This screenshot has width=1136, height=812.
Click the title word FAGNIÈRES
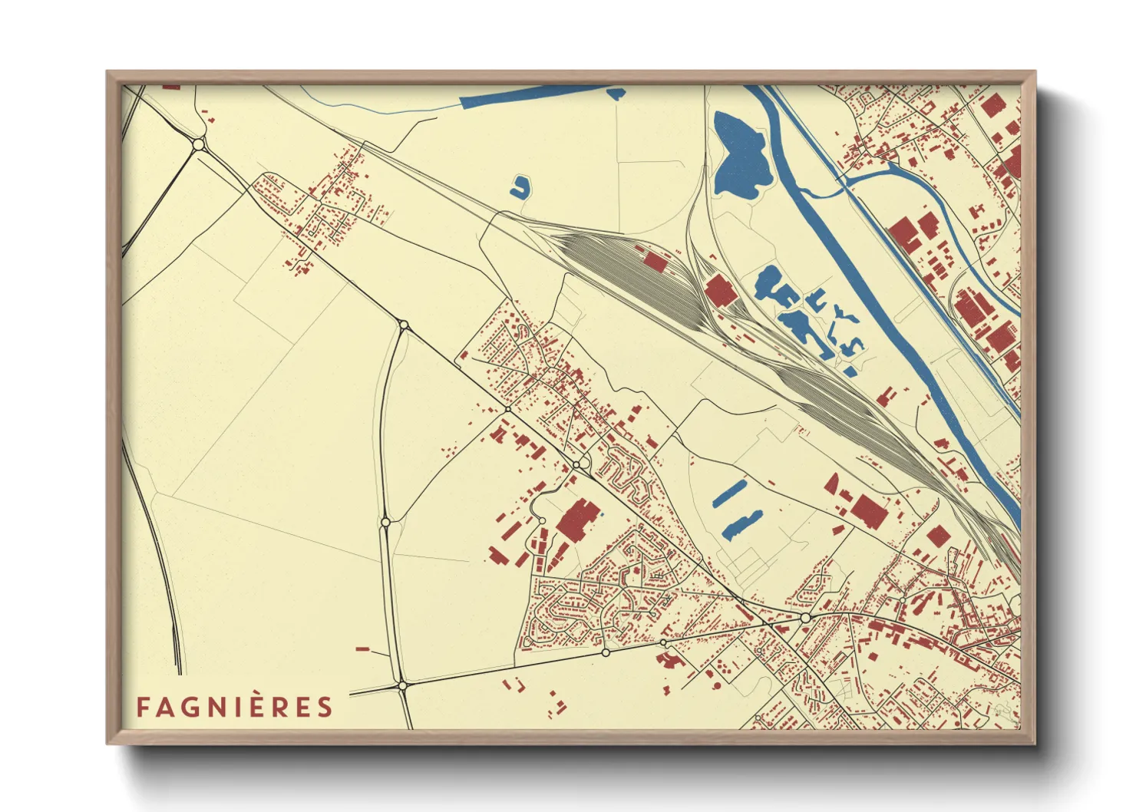235,707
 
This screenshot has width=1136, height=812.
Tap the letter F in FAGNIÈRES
143,707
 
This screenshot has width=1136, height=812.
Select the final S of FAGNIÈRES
326,707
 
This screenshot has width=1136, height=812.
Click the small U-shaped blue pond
520,186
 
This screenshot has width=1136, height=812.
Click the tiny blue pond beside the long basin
616,93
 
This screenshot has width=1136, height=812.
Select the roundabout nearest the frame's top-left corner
199,144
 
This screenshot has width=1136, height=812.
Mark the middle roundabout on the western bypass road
385,523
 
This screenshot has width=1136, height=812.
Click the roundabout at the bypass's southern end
401,685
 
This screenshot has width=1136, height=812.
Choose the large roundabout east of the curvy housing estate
805,617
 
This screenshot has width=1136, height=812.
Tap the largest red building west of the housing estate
578,520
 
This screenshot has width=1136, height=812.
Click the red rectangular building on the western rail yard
655,261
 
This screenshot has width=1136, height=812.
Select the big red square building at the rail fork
721,292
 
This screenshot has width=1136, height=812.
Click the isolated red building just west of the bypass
362,649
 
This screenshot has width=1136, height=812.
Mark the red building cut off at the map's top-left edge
171,87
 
